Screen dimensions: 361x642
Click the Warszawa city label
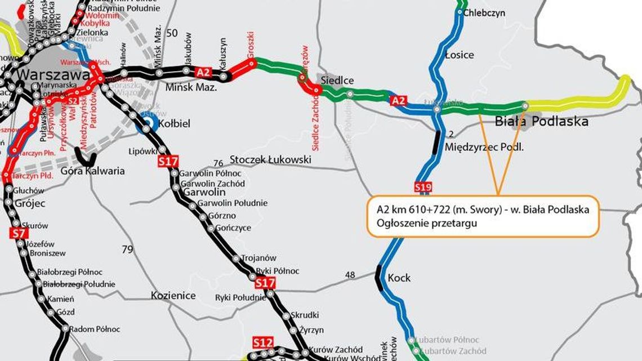coord(53,75)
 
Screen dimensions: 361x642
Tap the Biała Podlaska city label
coord(541,121)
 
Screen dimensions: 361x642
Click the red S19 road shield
coord(422,186)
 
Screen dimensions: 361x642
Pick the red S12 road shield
coord(263,342)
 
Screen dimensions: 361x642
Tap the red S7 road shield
coord(19,233)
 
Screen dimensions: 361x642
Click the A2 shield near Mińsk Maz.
coord(203,72)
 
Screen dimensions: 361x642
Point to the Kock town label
coord(399,278)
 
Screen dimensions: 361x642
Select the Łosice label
coord(459,55)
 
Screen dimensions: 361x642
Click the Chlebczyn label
coord(484,13)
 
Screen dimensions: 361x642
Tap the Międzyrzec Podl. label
coord(484,148)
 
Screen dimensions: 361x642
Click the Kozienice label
coord(173,296)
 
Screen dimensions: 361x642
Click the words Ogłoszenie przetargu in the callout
coord(418,223)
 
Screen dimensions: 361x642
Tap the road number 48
coord(350,275)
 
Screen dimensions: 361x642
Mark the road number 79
coord(127,249)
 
